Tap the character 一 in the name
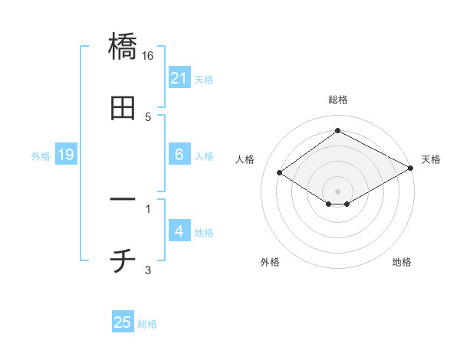(x=123, y=200)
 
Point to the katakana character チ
(x=123, y=262)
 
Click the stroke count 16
(x=149, y=56)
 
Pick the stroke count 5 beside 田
(x=148, y=117)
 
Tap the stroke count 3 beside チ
(x=148, y=270)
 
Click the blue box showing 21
(x=179, y=78)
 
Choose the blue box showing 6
(x=179, y=155)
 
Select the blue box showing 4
(x=179, y=231)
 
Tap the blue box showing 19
(x=66, y=155)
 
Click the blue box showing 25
(x=123, y=322)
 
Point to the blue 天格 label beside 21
(x=204, y=79)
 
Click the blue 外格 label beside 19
(x=41, y=155)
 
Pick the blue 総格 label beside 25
(x=147, y=323)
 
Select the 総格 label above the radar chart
(x=338, y=100)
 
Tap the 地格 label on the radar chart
(x=402, y=263)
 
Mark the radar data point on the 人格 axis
(x=280, y=172)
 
